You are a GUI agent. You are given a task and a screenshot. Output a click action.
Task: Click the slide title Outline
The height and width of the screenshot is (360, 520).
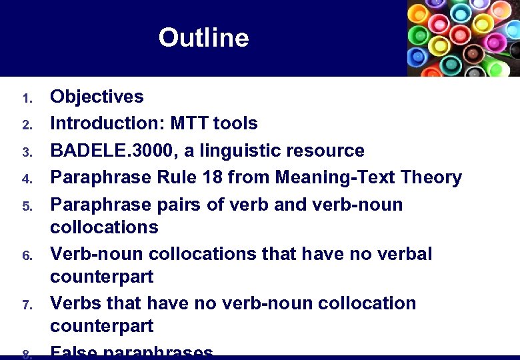coord(203,37)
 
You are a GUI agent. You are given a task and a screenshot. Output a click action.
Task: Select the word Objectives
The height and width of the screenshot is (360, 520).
coord(97,97)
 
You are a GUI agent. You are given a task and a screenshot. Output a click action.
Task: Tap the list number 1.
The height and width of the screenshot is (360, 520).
coord(27,99)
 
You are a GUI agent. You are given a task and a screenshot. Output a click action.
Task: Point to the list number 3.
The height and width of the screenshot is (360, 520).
coord(27,153)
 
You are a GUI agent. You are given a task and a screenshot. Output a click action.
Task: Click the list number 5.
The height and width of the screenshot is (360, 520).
coord(27,206)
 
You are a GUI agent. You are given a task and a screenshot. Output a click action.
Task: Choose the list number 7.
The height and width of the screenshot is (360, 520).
coord(27,305)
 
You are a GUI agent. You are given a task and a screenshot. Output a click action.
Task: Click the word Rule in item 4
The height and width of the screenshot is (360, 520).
coord(161,177)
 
